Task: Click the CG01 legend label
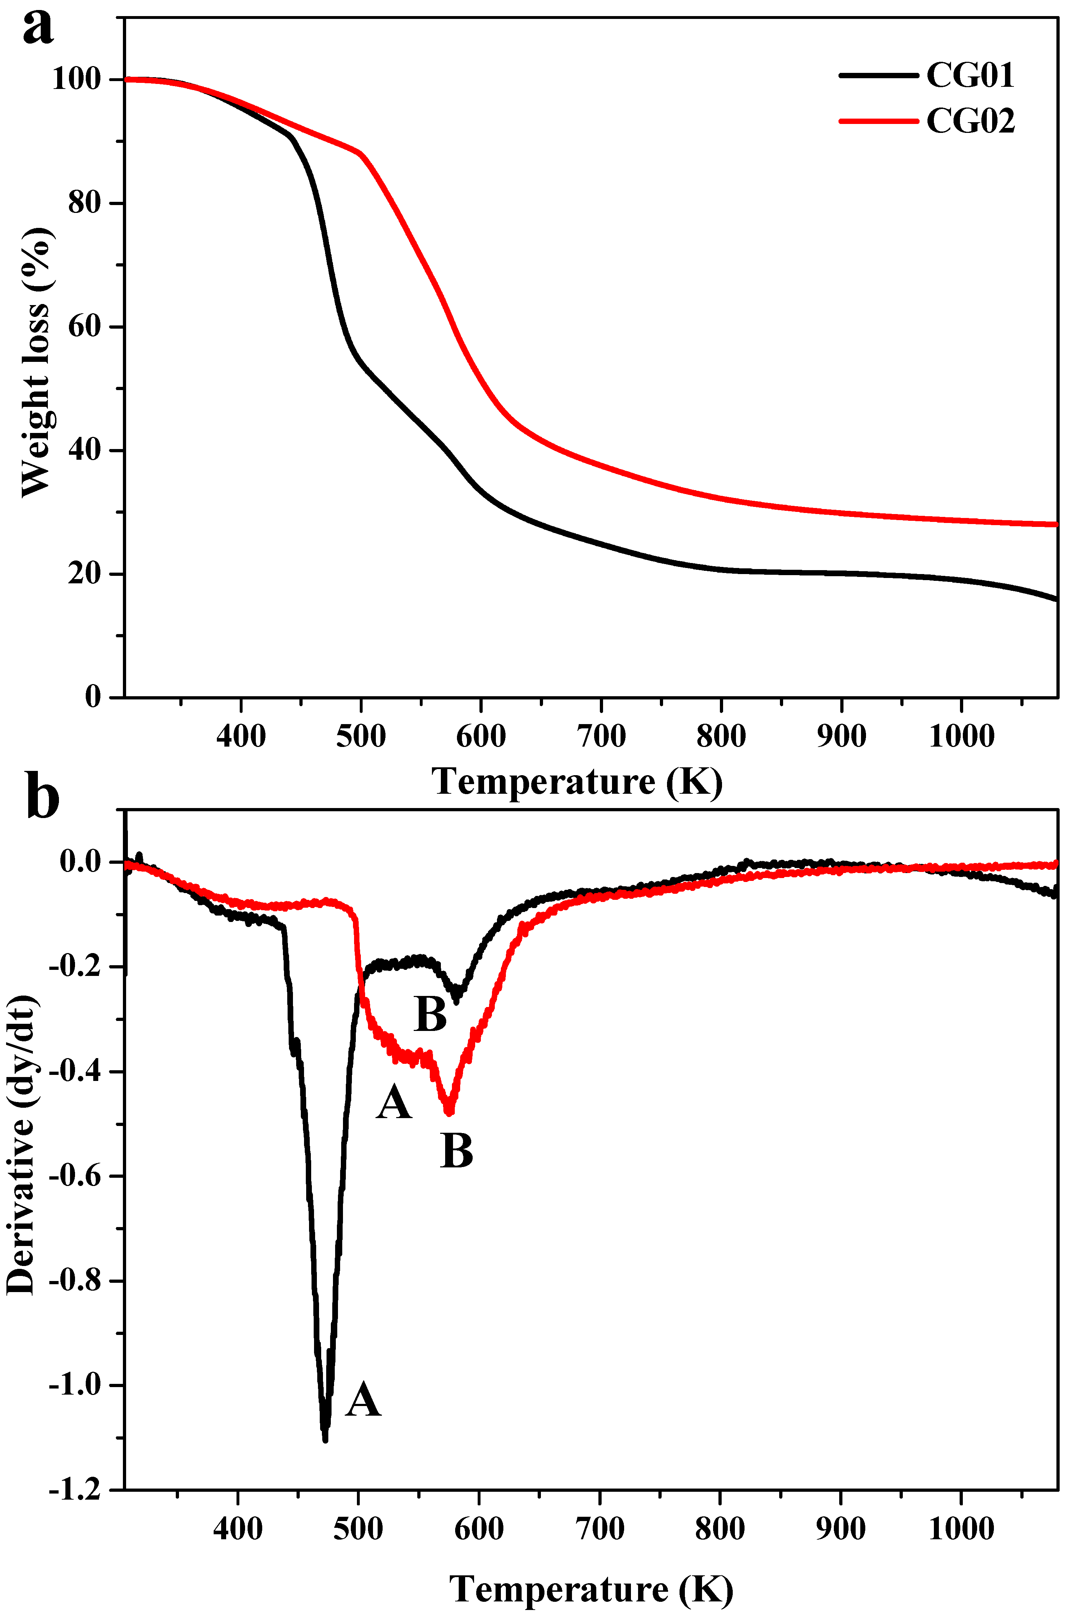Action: (x=970, y=75)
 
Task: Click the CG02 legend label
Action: (x=970, y=121)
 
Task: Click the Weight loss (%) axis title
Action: (x=35, y=362)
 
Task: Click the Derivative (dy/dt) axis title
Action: (x=20, y=1146)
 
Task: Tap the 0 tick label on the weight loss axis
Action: (x=93, y=697)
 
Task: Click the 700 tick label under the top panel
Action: (x=601, y=736)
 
